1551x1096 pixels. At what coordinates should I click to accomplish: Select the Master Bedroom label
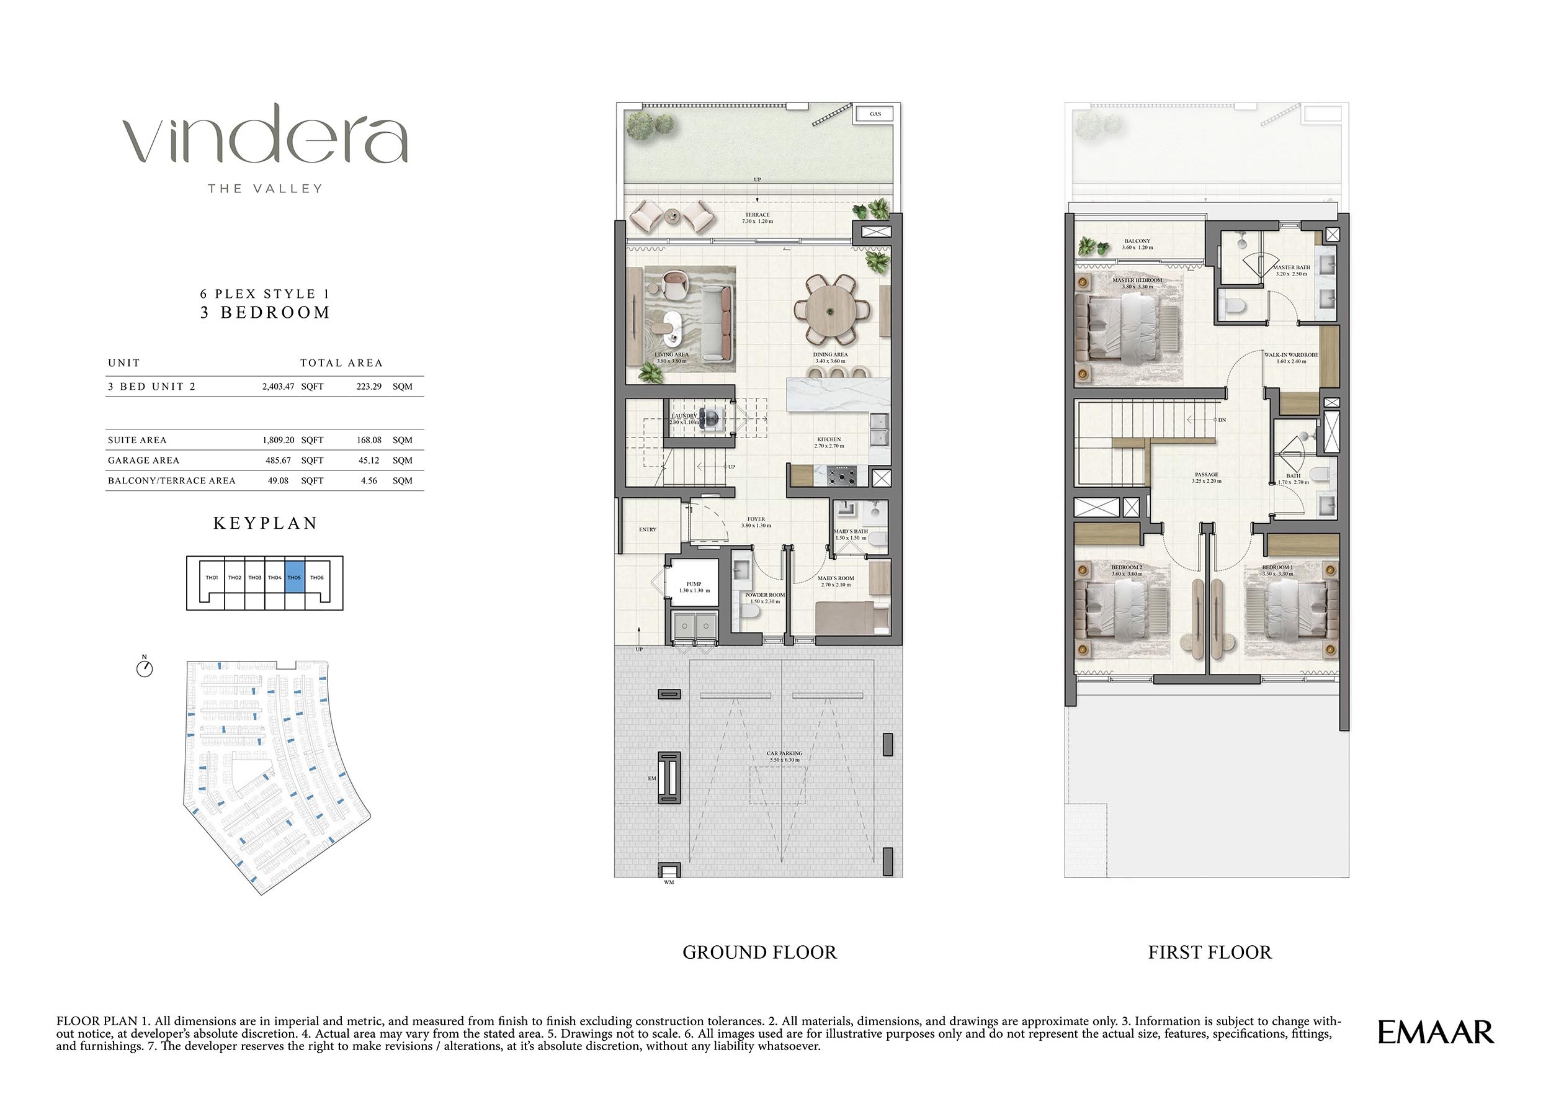[1137, 283]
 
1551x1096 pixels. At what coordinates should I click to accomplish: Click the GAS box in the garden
[875, 114]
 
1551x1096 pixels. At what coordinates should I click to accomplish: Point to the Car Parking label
[784, 756]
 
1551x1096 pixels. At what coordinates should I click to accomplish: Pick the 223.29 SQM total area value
[369, 387]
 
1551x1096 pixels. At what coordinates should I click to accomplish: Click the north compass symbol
[145, 668]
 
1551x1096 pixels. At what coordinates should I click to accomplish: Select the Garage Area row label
[143, 460]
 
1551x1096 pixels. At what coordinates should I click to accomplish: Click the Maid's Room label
[836, 581]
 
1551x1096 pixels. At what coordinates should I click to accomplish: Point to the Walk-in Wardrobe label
[1291, 357]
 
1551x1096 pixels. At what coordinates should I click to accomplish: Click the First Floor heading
[1209, 952]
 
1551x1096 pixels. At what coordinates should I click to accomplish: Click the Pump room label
[694, 586]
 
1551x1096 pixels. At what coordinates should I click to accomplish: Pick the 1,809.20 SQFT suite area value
[279, 440]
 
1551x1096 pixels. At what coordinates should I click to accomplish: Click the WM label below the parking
[668, 882]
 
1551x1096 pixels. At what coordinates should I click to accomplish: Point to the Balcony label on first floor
[1138, 244]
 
